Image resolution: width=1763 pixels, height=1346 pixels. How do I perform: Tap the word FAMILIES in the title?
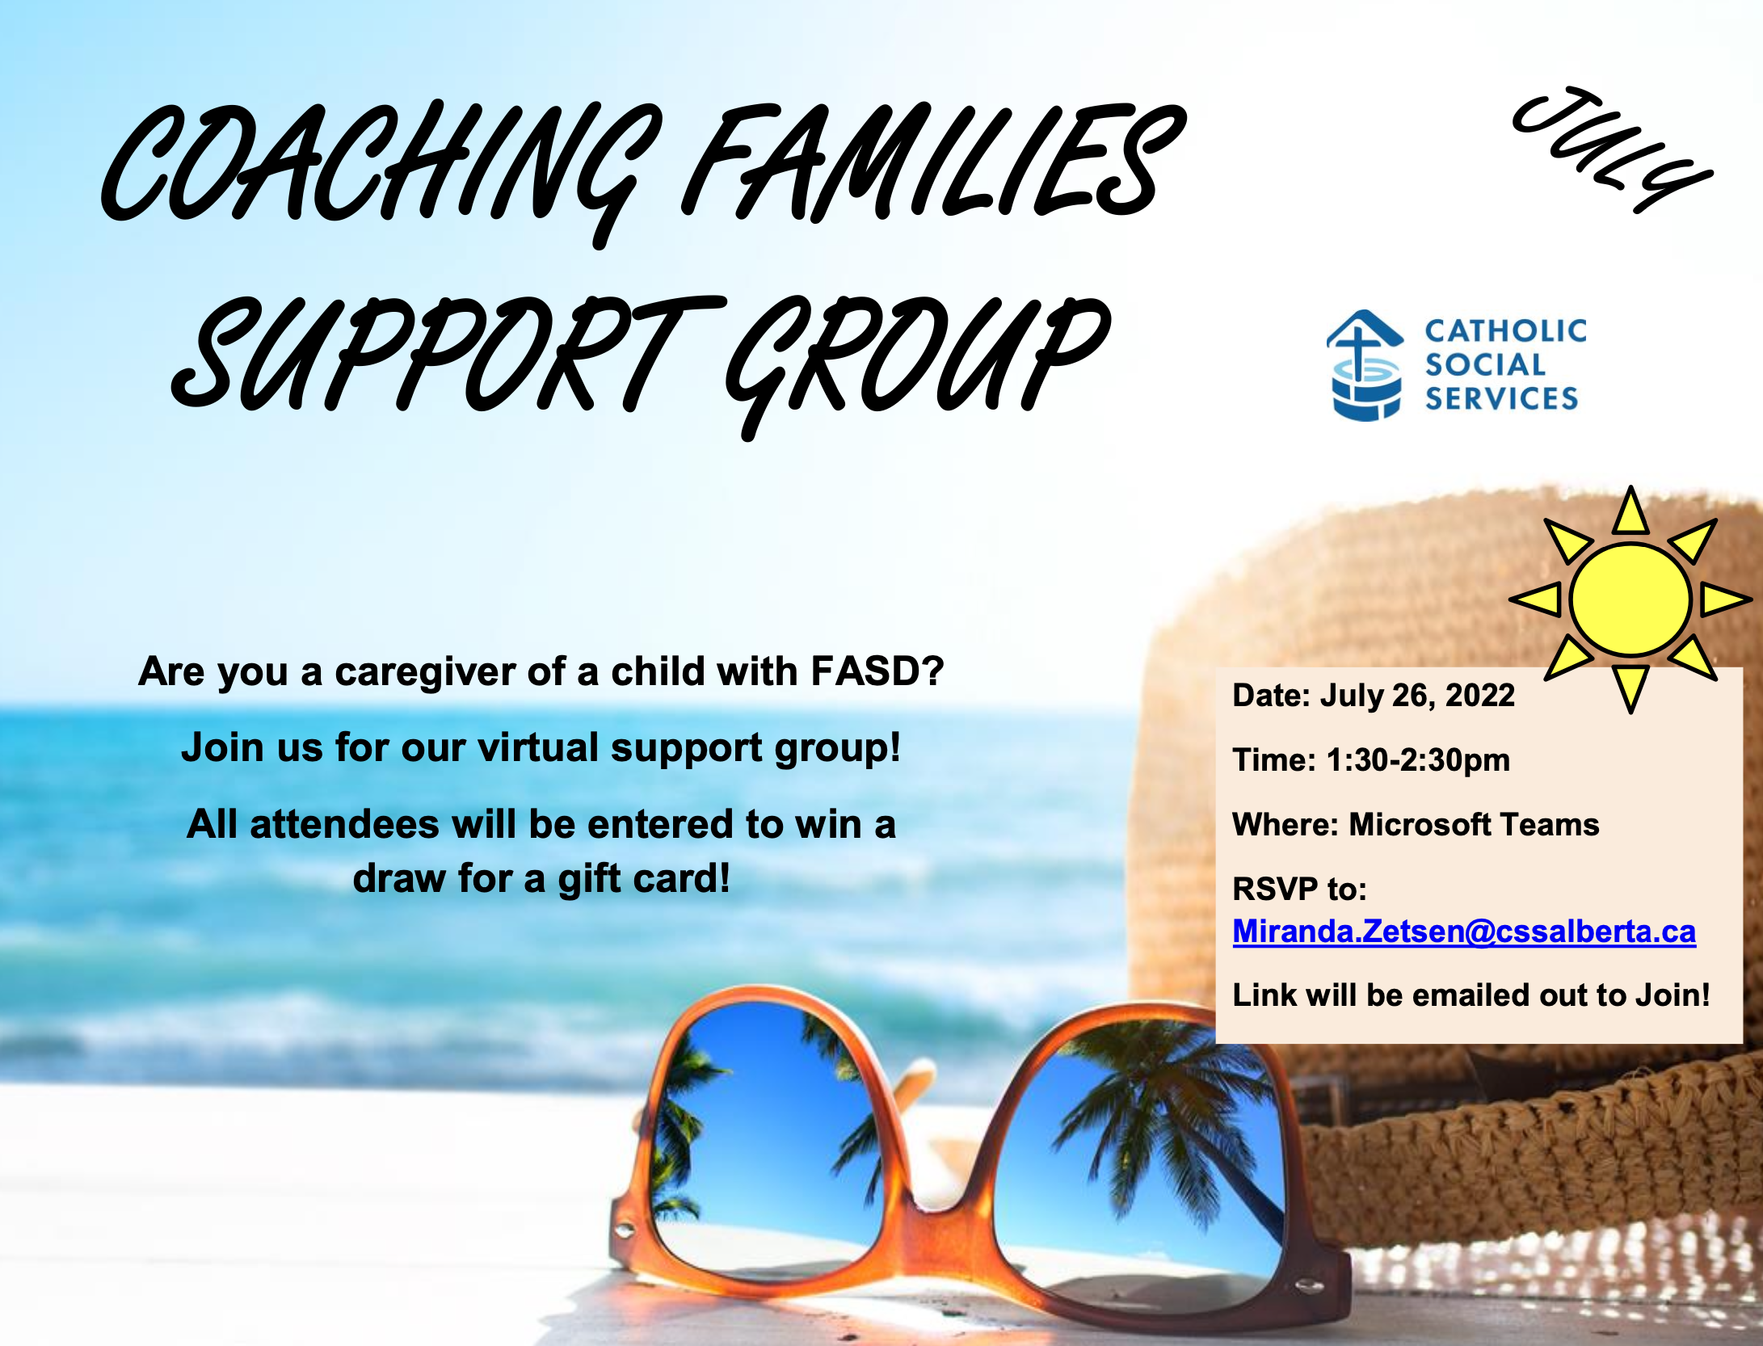929,162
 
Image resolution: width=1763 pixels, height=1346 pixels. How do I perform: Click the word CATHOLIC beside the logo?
1505,330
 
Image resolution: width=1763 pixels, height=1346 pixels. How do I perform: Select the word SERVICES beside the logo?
1501,398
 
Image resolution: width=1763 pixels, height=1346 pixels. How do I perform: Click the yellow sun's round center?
1630,599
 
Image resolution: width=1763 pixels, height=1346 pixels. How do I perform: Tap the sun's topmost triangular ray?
1630,515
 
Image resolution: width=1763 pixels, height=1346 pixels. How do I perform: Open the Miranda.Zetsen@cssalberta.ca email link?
1464,932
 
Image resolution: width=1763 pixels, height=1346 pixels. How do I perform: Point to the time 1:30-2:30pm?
1418,760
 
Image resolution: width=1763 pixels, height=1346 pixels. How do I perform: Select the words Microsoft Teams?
1474,825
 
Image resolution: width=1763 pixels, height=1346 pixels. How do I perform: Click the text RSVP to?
1299,890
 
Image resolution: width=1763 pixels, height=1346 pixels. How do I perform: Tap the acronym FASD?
877,671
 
